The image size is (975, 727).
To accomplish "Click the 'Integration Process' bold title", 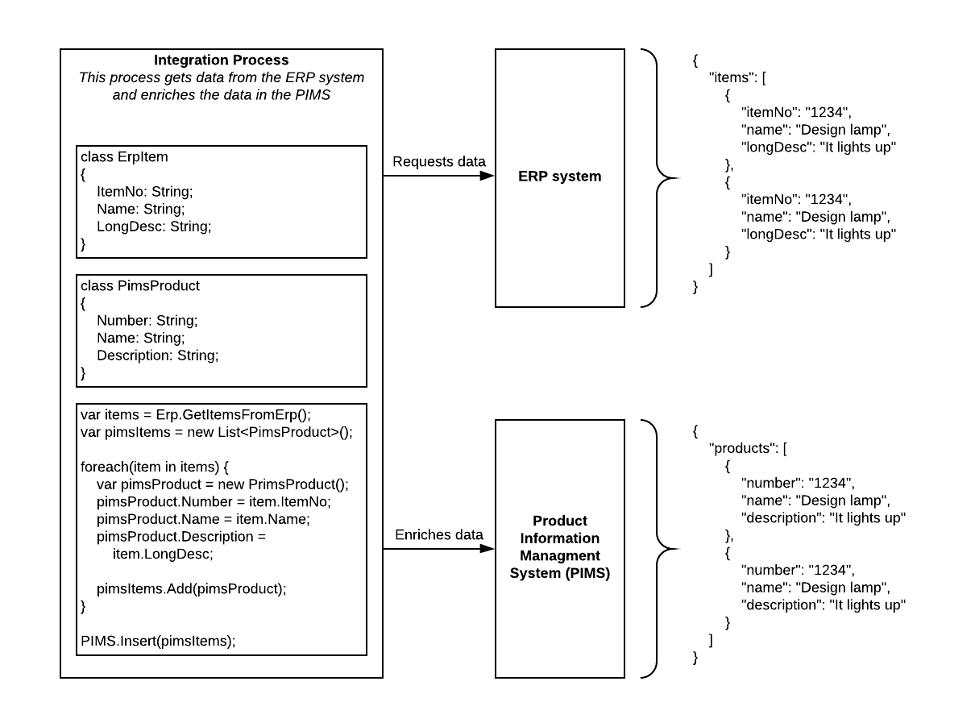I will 221,60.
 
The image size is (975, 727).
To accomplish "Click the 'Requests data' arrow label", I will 438,162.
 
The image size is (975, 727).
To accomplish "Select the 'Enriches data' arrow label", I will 438,534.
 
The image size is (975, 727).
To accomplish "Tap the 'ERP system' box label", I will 559,177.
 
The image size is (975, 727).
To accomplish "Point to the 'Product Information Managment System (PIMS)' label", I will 559,547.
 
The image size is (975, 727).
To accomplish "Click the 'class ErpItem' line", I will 124,157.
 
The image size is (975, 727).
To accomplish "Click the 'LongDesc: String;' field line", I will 153,226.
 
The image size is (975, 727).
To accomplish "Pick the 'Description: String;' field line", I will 157,355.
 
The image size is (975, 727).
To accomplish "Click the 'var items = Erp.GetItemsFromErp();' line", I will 195,415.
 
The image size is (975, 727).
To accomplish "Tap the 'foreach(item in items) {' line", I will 155,467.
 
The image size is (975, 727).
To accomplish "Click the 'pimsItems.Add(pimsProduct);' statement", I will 191,588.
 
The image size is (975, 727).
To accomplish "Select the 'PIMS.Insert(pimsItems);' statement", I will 158,641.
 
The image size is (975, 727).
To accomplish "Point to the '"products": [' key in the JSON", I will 746,449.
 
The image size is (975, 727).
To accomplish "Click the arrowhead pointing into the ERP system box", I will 487,177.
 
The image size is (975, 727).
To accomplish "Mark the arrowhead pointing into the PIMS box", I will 487,548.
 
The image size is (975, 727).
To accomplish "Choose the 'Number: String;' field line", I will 147,320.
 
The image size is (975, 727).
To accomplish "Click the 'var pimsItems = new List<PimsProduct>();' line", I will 217,432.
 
